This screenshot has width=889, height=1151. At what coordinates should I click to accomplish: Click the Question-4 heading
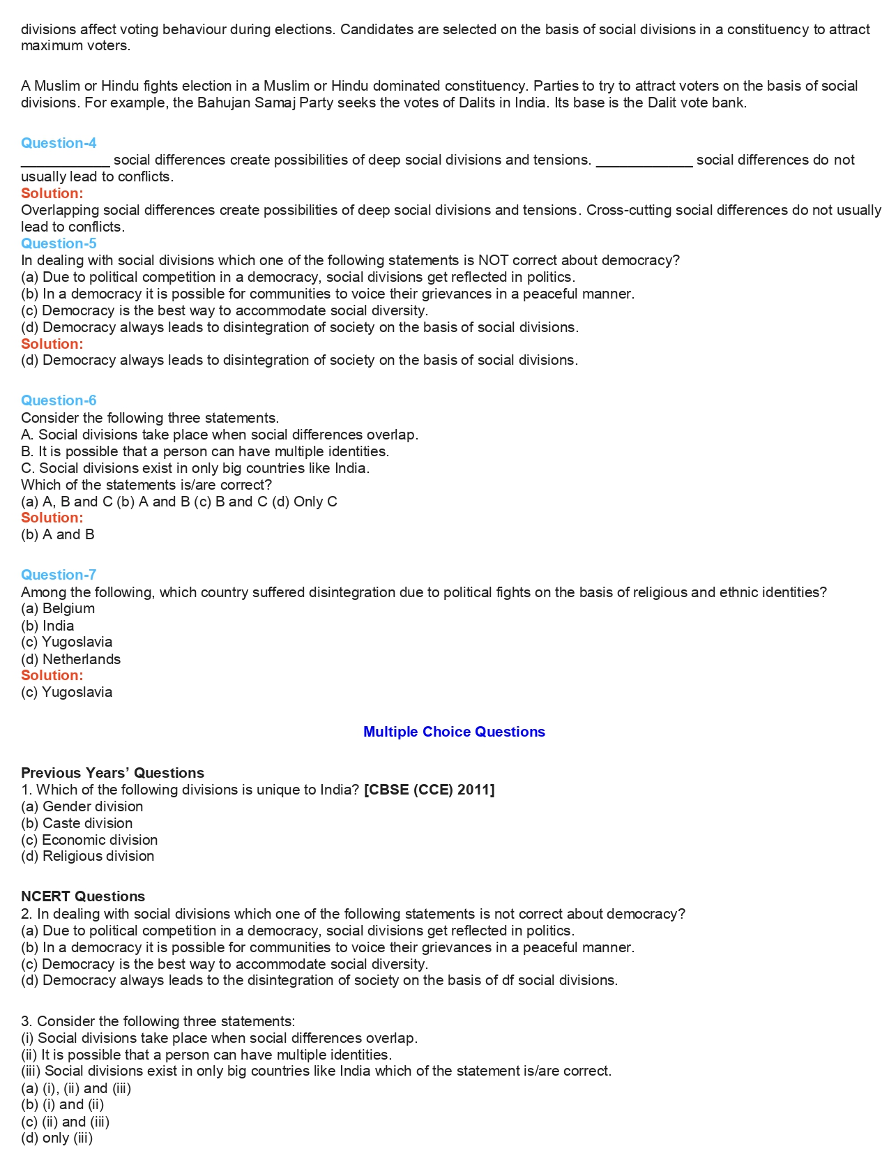tap(59, 143)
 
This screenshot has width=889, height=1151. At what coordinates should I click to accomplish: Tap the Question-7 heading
tap(59, 575)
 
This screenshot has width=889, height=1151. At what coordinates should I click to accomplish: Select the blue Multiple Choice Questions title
tap(454, 732)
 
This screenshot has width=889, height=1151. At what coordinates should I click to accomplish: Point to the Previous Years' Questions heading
tap(112, 773)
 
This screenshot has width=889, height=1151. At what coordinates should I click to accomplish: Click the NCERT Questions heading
tap(83, 896)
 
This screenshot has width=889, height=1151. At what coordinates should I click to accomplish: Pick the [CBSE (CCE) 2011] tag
tap(429, 790)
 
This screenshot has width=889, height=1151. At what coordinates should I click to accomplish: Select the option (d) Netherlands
tap(70, 659)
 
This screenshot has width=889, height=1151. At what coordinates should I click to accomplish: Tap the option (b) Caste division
tap(77, 823)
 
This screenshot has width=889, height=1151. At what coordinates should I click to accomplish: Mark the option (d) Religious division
tap(87, 856)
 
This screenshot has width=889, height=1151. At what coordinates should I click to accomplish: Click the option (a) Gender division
tap(82, 806)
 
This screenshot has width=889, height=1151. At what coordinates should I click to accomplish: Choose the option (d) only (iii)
tap(56, 1138)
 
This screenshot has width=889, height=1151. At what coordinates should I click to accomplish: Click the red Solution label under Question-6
tap(52, 518)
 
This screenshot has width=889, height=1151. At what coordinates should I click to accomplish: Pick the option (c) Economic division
tap(89, 840)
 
